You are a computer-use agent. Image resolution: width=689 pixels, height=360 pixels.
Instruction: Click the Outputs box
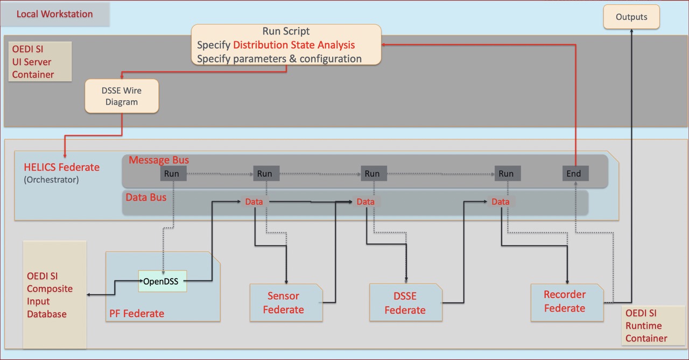click(631, 17)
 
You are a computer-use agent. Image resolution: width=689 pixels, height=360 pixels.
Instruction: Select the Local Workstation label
click(54, 14)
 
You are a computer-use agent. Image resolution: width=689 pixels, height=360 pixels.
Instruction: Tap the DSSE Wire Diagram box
click(122, 96)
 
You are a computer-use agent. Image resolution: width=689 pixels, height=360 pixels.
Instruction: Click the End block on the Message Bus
click(575, 173)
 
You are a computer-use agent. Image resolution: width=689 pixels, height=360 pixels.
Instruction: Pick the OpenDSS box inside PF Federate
click(163, 281)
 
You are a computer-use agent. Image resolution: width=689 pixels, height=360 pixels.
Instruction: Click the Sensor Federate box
click(286, 302)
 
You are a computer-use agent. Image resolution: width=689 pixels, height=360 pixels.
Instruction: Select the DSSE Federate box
click(406, 302)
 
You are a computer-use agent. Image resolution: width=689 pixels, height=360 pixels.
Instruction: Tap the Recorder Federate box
click(567, 302)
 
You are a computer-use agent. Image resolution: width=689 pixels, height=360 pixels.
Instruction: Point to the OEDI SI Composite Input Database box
click(55, 294)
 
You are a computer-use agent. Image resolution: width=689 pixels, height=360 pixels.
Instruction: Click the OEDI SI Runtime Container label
click(646, 326)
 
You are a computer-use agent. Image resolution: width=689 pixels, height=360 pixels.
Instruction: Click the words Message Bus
click(159, 160)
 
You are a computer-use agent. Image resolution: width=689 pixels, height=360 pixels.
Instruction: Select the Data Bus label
click(146, 197)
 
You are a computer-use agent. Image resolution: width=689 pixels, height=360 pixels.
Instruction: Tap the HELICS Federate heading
click(61, 167)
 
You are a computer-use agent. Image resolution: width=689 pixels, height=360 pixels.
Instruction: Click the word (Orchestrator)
click(51, 180)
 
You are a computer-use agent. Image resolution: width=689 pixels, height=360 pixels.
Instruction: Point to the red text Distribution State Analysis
click(294, 45)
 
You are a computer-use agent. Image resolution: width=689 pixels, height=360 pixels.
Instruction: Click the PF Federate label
click(137, 313)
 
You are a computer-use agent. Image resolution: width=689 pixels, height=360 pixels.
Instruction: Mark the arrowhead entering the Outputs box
click(631, 31)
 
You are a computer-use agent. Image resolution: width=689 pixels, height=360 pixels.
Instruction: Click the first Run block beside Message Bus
click(173, 173)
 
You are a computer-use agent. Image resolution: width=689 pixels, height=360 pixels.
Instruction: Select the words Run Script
click(286, 31)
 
